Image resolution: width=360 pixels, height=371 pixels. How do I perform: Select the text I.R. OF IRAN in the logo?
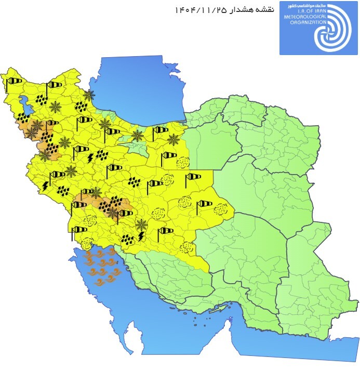tap(299, 10)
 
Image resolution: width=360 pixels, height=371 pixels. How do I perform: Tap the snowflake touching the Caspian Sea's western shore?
tap(89, 95)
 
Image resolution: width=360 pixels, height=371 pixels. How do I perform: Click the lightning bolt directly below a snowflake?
tap(141, 236)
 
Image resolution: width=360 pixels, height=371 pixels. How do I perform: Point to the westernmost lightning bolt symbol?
tap(46, 185)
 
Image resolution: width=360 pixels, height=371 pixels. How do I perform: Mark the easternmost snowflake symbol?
tap(172, 139)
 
